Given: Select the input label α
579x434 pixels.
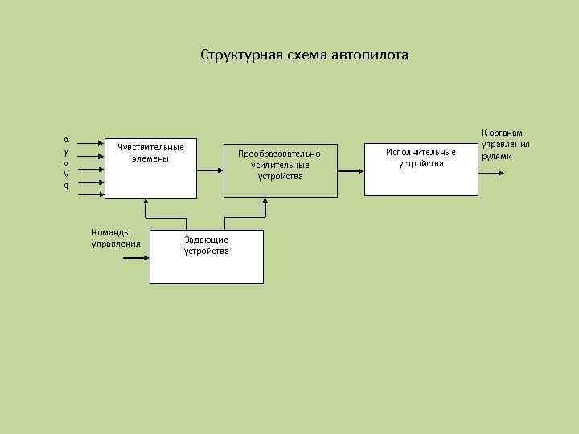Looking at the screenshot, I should click(x=66, y=138).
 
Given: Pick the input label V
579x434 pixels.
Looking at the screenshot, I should click(x=66, y=174).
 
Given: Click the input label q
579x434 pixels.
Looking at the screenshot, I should click(x=66, y=186).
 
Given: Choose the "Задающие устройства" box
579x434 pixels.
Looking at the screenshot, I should click(x=206, y=256).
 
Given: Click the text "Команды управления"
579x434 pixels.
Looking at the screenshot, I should click(x=116, y=238).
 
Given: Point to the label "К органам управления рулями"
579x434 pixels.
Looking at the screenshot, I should click(x=505, y=144).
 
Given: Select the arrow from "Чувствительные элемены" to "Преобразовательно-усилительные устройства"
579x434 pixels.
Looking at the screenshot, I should click(x=209, y=170).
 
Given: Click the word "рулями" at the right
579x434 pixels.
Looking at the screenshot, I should click(x=496, y=156).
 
